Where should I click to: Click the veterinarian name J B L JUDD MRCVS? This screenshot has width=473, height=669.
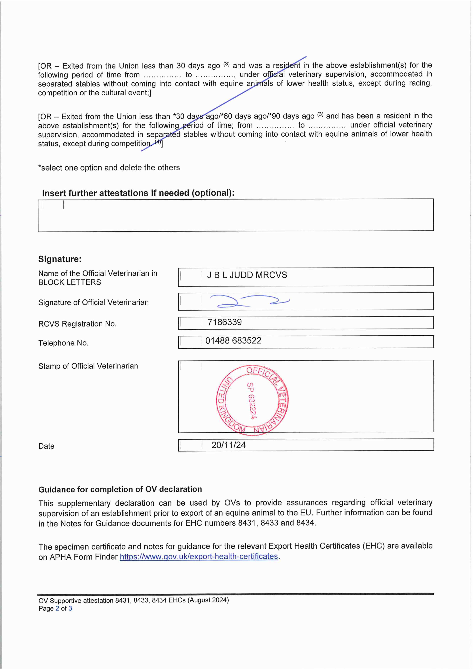(247, 275)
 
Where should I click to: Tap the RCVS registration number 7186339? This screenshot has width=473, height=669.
(224, 322)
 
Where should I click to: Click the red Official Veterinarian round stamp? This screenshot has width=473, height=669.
(252, 400)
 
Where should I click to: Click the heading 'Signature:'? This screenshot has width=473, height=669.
(60, 259)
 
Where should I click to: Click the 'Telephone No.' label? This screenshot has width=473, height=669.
(63, 343)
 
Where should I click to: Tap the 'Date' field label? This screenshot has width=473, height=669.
(46, 446)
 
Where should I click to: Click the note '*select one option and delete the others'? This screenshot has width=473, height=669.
(109, 168)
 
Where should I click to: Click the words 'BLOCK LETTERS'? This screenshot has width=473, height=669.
(70, 282)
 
